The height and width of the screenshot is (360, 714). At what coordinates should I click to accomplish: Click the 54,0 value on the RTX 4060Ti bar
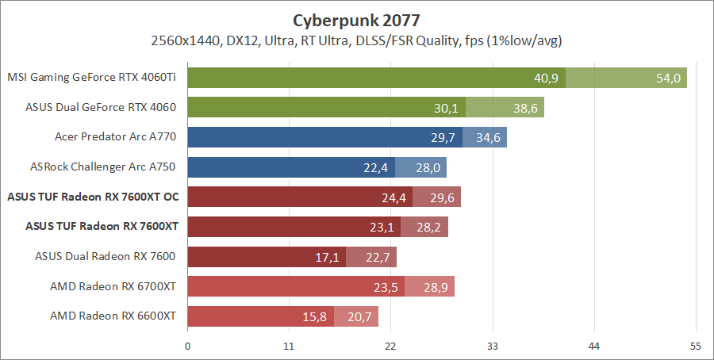[x=669, y=78]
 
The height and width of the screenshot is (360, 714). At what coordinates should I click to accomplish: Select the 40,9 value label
[x=547, y=78]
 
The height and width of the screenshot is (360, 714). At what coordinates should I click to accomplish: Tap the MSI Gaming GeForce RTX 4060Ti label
[x=91, y=78]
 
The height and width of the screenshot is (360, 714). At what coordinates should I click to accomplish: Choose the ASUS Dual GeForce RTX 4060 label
[x=101, y=108]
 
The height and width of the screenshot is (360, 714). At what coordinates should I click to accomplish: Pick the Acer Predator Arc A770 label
[x=115, y=137]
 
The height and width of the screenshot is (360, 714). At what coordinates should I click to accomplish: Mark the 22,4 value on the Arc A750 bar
[x=377, y=167]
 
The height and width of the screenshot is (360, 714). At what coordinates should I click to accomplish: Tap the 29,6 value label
[x=443, y=197]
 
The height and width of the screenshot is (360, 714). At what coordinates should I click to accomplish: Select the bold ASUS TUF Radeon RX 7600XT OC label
[x=94, y=197]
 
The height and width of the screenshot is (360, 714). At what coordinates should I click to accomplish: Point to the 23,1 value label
[x=382, y=227]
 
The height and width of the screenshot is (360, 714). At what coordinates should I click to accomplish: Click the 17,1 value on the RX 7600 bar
[x=328, y=257]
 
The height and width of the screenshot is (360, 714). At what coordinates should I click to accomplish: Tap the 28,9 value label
[x=436, y=287]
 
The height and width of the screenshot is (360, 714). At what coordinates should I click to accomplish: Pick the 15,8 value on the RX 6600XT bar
[x=316, y=317]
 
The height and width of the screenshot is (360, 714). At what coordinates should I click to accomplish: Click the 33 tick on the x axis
[x=493, y=346]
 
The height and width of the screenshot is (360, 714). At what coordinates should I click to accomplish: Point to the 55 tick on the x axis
[x=696, y=346]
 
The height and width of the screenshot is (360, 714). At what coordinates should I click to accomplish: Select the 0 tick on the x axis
[x=188, y=346]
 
